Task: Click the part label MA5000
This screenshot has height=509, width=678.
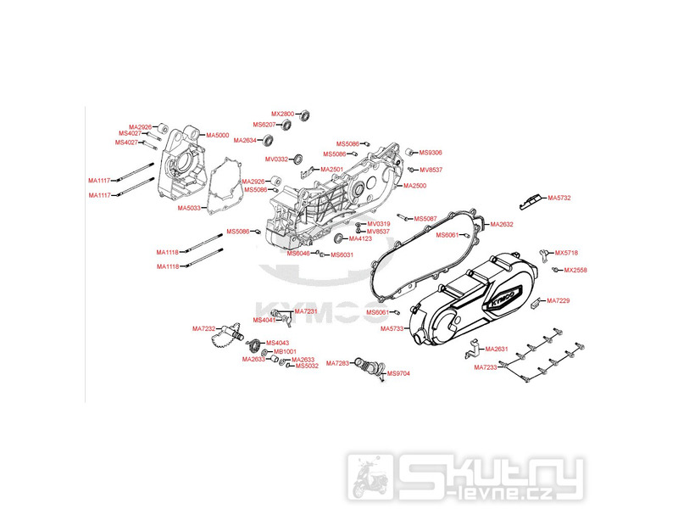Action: (x=218, y=135)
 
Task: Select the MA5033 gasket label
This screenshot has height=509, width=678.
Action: (x=189, y=208)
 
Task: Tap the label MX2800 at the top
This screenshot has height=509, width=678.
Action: (x=282, y=114)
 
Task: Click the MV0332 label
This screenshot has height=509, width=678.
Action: (x=277, y=159)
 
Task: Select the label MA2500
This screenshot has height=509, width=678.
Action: (x=414, y=186)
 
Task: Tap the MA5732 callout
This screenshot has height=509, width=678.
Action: (x=559, y=198)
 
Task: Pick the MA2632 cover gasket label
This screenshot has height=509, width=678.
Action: (x=503, y=224)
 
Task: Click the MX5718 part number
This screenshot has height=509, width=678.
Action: (x=566, y=253)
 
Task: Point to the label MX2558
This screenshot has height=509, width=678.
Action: (x=575, y=270)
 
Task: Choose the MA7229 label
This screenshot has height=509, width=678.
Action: (x=558, y=301)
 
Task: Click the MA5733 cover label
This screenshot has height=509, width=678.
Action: (x=392, y=328)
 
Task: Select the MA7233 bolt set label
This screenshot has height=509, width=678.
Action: (x=486, y=367)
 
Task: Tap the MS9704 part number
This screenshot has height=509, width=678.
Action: (x=398, y=373)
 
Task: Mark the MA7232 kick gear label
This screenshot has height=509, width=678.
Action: (x=204, y=328)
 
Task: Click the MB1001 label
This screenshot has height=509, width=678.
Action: (x=285, y=350)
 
